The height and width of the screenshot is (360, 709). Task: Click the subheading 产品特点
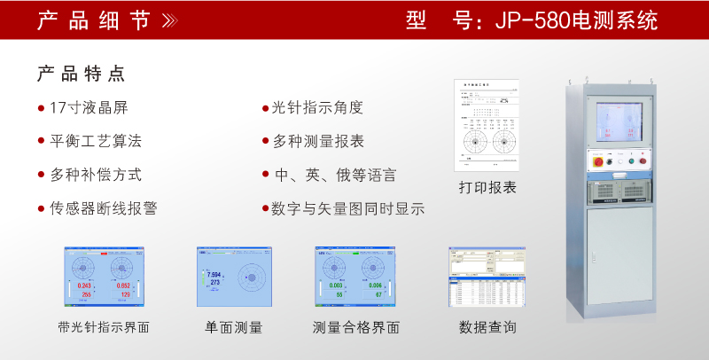[x=81, y=74]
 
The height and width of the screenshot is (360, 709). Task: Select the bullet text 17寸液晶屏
[x=89, y=108]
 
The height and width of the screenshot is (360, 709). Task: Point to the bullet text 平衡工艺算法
[x=96, y=141]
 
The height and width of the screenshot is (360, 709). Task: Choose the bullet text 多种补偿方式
[x=96, y=175]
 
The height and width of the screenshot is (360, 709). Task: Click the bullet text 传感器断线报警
[x=104, y=209]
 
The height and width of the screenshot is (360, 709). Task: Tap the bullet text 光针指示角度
[x=317, y=108]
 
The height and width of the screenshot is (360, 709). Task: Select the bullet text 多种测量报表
[x=317, y=141]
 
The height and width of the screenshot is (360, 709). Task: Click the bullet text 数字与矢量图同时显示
[x=347, y=209]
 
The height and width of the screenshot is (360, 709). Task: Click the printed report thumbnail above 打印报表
[x=486, y=125]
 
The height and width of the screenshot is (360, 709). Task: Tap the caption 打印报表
[x=487, y=187]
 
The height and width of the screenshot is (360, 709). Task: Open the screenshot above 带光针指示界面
[x=104, y=278]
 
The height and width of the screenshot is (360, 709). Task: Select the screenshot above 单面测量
[x=234, y=278]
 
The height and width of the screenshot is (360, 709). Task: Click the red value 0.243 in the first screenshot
[x=85, y=286]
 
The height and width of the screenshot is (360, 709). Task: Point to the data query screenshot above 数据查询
[x=487, y=278]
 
